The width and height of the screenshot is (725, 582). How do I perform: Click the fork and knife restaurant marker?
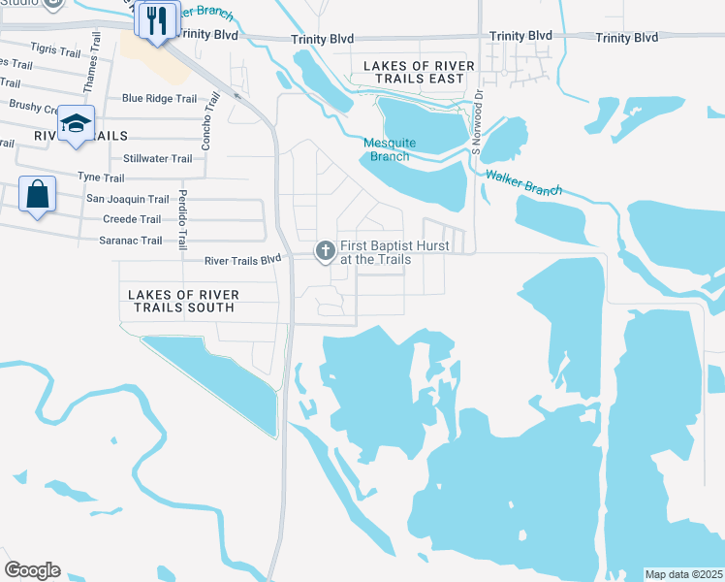pyautogui.click(x=156, y=19)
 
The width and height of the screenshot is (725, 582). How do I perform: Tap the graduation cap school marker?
pyautogui.click(x=76, y=123)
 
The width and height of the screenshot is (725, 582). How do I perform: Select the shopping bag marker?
pyautogui.click(x=37, y=195)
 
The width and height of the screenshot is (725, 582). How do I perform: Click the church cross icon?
pyautogui.click(x=325, y=252)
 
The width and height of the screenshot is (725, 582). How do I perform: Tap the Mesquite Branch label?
pyautogui.click(x=390, y=149)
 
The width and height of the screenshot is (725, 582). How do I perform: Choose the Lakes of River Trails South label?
pyautogui.click(x=182, y=300)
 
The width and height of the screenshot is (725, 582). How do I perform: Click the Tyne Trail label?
pyautogui.click(x=101, y=178)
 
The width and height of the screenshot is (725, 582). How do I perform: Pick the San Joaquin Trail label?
pyautogui.click(x=128, y=199)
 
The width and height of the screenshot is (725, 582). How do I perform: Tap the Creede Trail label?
pyautogui.click(x=132, y=219)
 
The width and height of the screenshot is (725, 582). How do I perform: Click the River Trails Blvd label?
pyautogui.click(x=242, y=260)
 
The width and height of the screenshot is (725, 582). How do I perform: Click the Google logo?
pyautogui.click(x=32, y=570)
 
